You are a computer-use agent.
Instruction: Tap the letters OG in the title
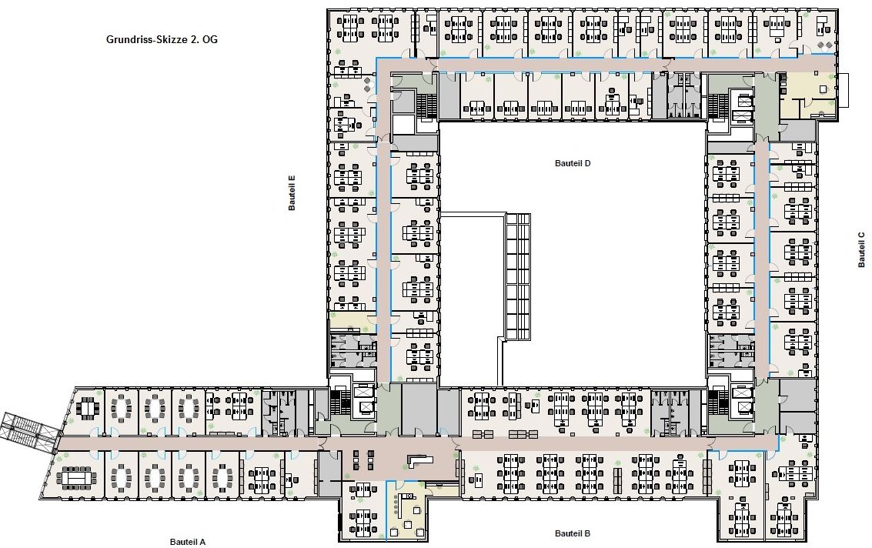pos(210,39)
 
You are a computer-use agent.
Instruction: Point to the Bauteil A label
pos(188,541)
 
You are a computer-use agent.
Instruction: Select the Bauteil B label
pos(573,533)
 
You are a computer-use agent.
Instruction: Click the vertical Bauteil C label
pos(861,250)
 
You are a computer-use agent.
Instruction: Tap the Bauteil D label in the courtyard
pos(573,163)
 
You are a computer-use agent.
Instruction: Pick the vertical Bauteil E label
pos(292,193)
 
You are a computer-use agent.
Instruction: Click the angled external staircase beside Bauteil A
pos(31,433)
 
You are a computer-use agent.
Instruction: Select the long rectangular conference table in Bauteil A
pos(79,477)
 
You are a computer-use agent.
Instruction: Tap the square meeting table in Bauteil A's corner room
pos(87,409)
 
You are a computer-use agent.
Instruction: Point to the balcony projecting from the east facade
pos(843,89)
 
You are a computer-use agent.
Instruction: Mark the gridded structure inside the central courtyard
pos(517,276)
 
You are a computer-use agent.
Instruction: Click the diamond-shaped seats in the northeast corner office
pos(825,45)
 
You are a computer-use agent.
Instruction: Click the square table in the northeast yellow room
pos(823,89)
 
